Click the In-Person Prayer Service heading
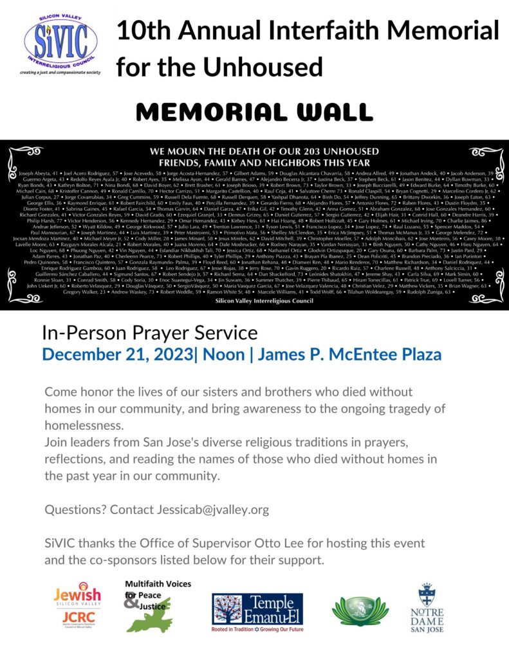(149, 333)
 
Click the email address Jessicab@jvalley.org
(212, 510)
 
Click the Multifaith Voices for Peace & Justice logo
(156, 605)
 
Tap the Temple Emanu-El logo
(257, 612)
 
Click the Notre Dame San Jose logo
(427, 607)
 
